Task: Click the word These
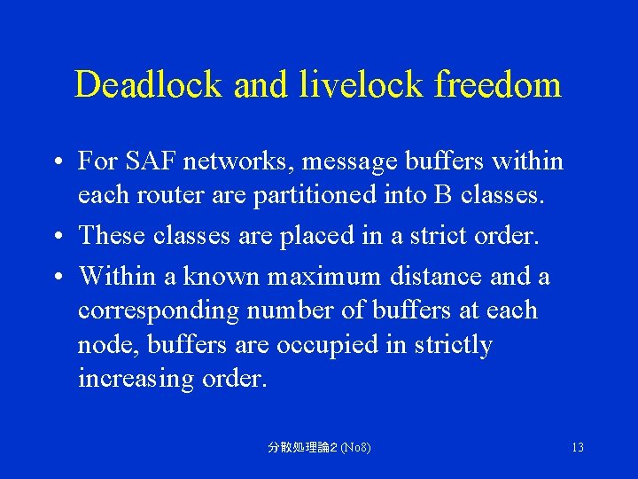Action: click(113, 235)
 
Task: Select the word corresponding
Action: click(159, 310)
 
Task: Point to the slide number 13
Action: click(577, 447)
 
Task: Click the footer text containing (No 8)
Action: click(319, 447)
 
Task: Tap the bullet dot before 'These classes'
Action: click(56, 236)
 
